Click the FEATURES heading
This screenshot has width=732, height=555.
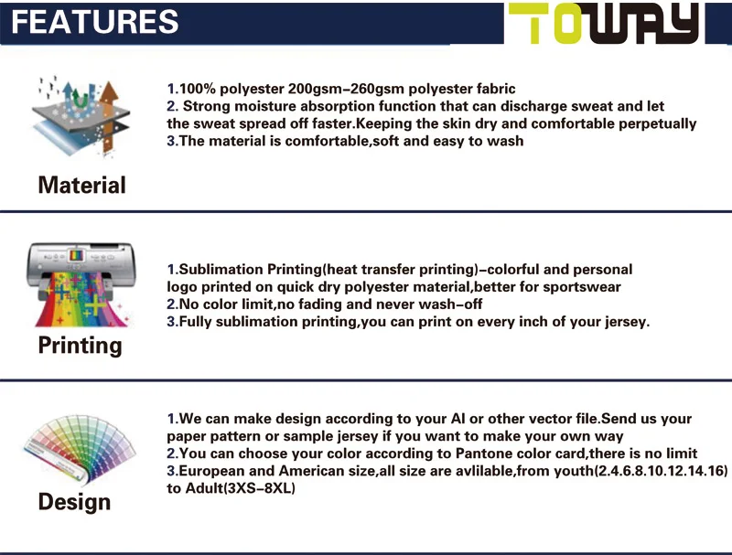(x=91, y=21)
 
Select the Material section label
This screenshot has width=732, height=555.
(x=81, y=185)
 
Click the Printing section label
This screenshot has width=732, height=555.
(x=80, y=345)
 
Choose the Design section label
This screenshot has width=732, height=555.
(x=74, y=502)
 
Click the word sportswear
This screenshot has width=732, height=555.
(x=582, y=287)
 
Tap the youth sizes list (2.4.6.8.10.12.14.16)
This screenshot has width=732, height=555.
(x=662, y=471)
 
